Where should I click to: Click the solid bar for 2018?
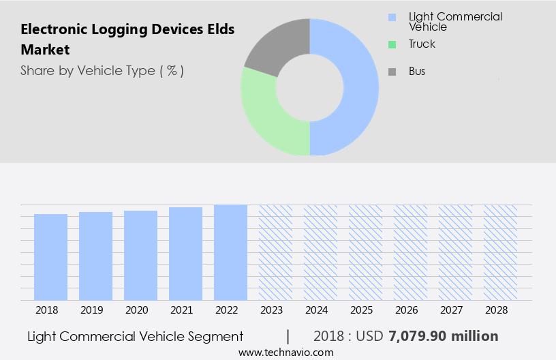point(50,257)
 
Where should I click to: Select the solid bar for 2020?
point(140,255)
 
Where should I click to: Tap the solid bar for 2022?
point(230,252)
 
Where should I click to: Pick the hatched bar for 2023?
point(275,252)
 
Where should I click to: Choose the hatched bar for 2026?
point(410,252)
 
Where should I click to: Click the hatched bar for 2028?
point(500,252)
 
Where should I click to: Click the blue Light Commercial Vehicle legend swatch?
point(391,17)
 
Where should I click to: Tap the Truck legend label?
point(422,44)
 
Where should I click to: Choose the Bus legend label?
point(417,72)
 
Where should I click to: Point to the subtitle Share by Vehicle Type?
point(102,70)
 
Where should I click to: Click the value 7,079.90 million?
point(443,336)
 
